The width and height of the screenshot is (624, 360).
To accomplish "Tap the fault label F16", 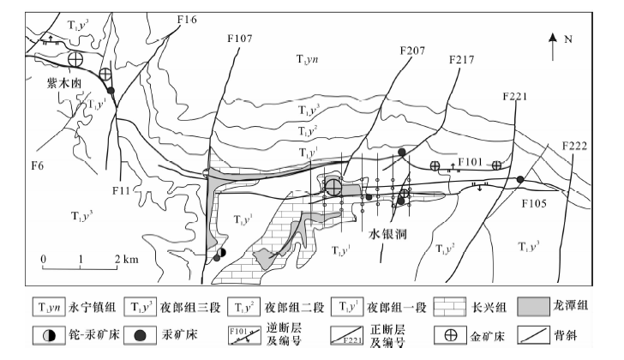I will [x=186, y=18].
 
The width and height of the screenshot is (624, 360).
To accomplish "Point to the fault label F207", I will [x=412, y=51].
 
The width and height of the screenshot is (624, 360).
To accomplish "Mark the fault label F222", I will [x=575, y=145].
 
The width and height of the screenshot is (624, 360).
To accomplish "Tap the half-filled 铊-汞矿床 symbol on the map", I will [x=221, y=253].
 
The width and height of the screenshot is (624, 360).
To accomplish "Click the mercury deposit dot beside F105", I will [x=520, y=179].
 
